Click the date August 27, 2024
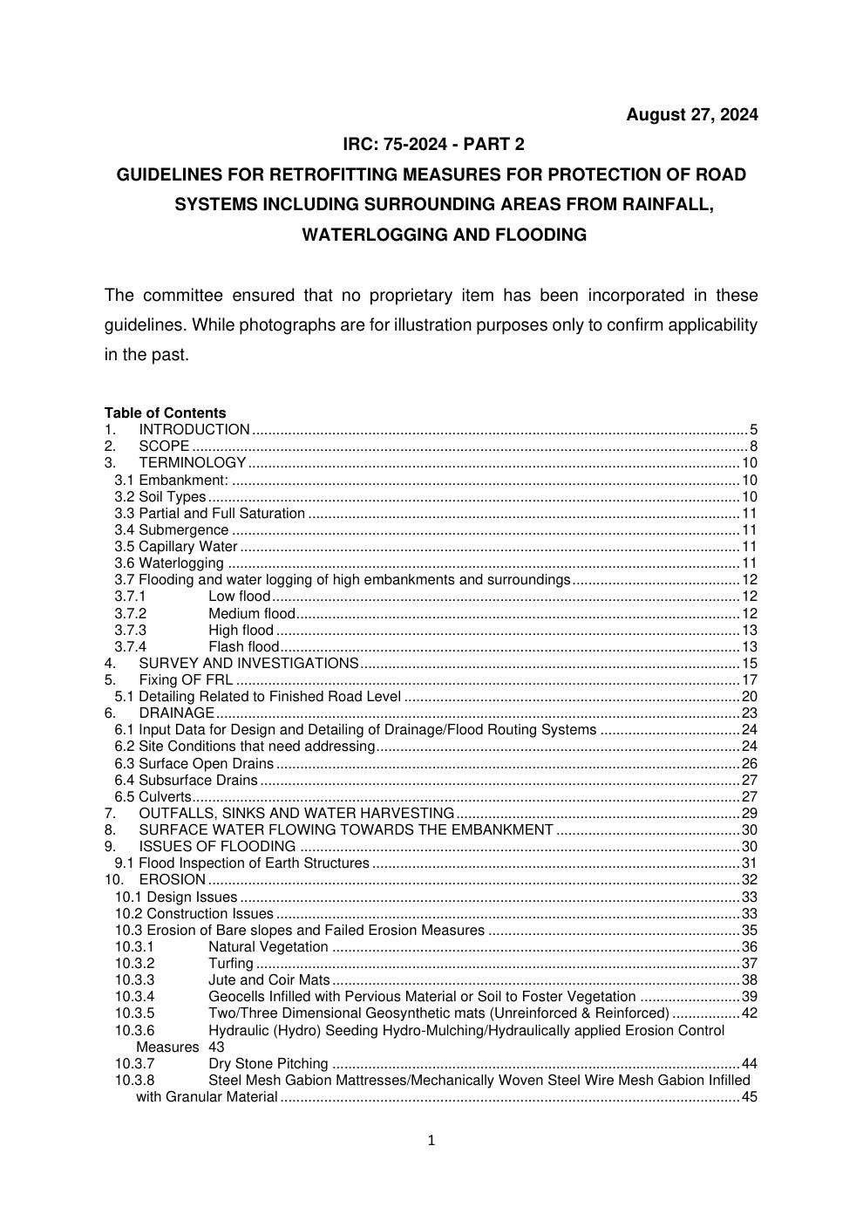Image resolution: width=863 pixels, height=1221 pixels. coord(691,114)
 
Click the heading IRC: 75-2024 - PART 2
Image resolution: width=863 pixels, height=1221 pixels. coord(433,144)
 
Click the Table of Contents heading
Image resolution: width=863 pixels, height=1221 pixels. coord(165,413)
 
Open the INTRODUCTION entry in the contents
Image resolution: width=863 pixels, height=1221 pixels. coord(194,429)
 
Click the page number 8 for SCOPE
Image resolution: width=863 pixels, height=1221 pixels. coord(753,447)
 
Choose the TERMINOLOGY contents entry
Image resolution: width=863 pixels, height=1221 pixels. coord(193,463)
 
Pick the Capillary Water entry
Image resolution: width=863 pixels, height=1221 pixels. coord(187,547)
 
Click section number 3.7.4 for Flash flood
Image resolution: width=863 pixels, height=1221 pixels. coord(131,647)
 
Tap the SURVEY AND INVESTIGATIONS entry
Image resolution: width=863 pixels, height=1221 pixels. coord(248,664)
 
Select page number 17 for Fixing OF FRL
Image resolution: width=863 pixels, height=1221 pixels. coord(750,680)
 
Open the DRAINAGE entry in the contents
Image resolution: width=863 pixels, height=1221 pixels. coord(177,713)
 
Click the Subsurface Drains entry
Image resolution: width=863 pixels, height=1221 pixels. coord(198,781)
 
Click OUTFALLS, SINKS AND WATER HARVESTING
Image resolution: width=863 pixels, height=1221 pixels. coord(296,814)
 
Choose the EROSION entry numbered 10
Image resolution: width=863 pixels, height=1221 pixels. coord(172,880)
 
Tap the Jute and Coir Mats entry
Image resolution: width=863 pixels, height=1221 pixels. coord(268,980)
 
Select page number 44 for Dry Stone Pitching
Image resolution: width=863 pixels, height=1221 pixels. coord(750,1064)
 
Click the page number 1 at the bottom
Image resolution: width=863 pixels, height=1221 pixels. coord(431,1141)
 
